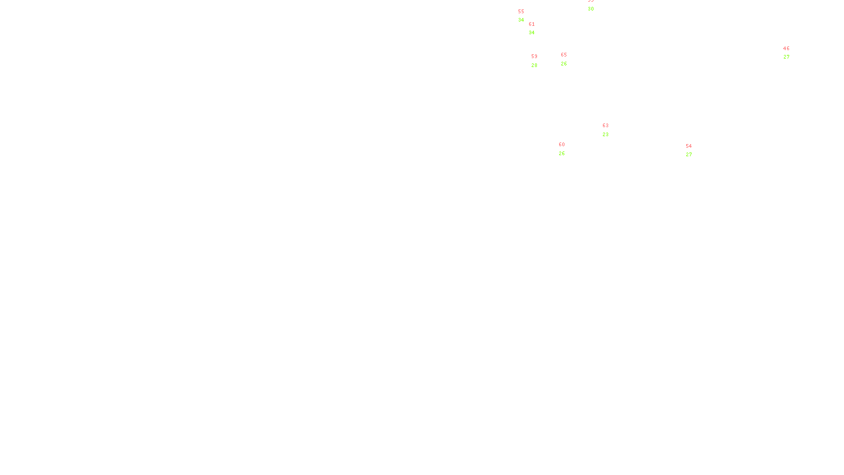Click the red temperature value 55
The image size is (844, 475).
[x=521, y=12]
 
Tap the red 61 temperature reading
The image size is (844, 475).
[x=532, y=24]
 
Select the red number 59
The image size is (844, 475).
[x=534, y=56]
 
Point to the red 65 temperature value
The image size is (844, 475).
[x=564, y=55]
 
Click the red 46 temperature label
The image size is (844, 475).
[x=787, y=49]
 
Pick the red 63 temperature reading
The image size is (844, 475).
[x=606, y=126]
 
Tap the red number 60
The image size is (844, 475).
[x=562, y=145]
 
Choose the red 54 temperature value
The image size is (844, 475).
[x=689, y=146]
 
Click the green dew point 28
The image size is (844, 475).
[x=534, y=65]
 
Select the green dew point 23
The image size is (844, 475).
[x=606, y=135]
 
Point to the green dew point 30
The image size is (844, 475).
[x=591, y=9]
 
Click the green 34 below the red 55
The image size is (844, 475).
[x=521, y=20]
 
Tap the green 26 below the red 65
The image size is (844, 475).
[x=564, y=64]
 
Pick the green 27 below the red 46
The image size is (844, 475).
[x=787, y=57]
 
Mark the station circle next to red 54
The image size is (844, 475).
[x=694, y=150]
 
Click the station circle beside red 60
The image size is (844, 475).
[x=567, y=149]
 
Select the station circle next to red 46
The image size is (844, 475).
[x=791, y=53]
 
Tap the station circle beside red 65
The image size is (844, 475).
[x=569, y=59]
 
